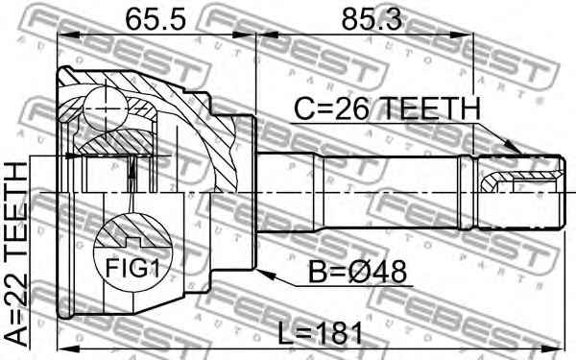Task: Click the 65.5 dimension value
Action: [x=156, y=19]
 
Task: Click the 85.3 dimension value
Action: [x=372, y=19]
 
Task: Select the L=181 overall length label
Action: [x=320, y=333]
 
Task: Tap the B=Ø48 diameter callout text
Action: [x=357, y=272]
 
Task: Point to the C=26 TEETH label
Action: [x=388, y=108]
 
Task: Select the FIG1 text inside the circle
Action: [x=132, y=268]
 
